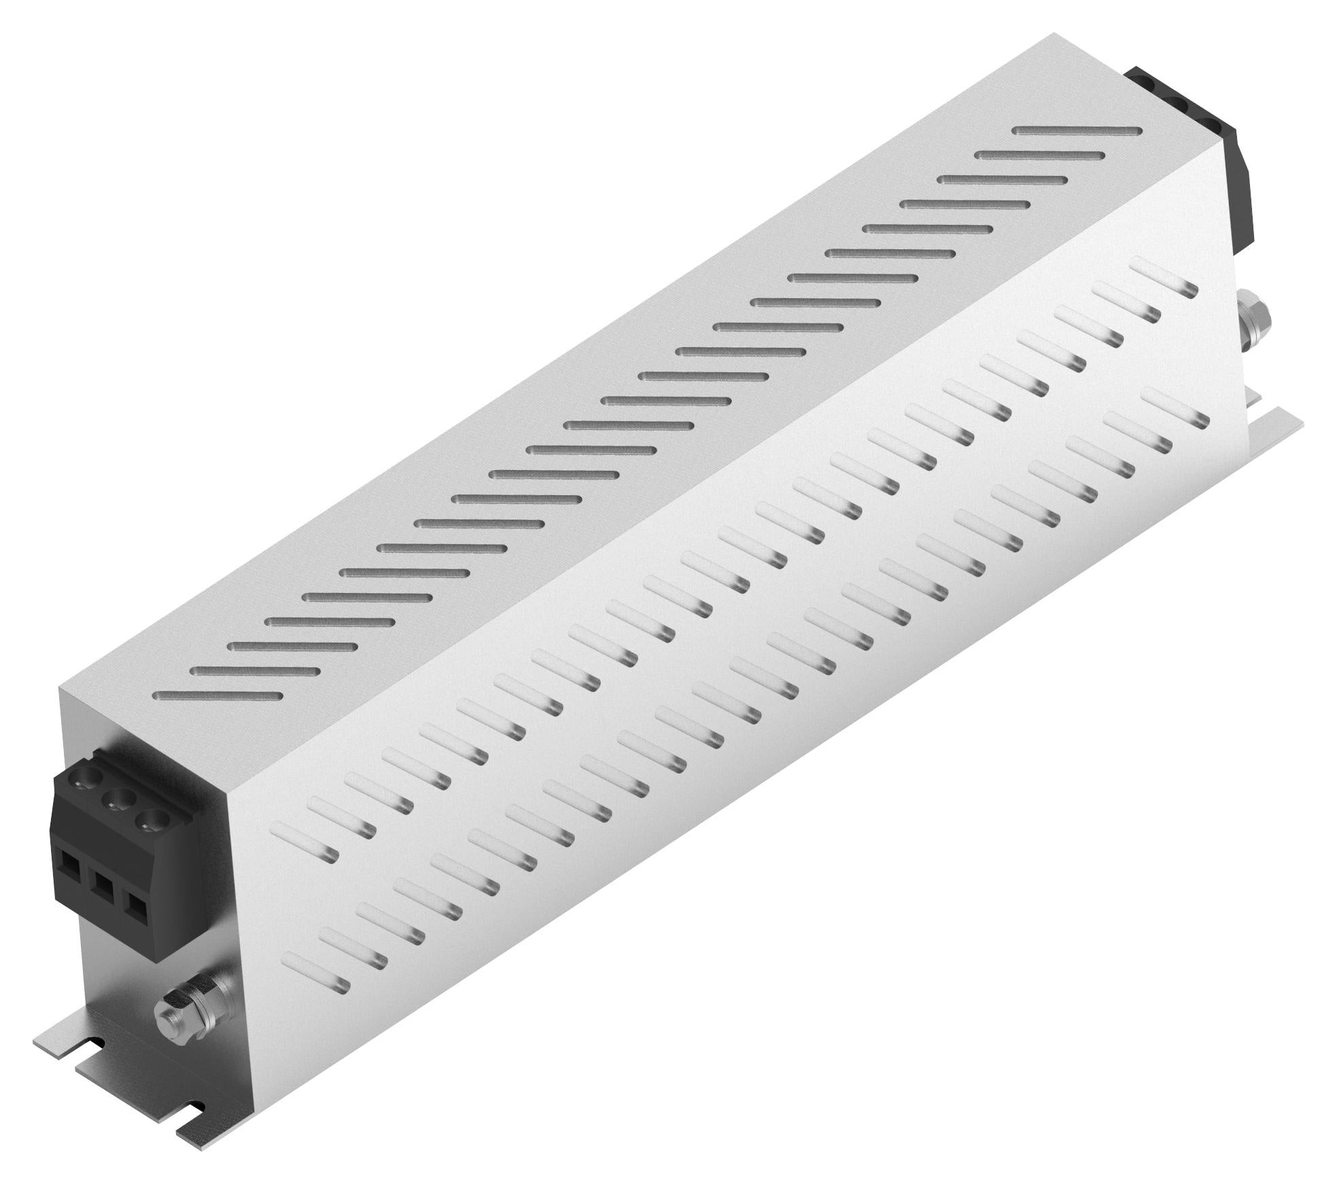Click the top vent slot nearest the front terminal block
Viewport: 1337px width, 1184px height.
pyautogui.click(x=218, y=695)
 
